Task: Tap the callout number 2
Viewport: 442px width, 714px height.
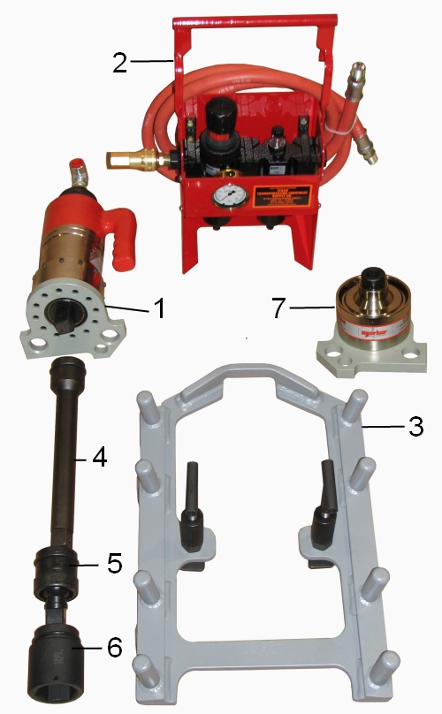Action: (121, 62)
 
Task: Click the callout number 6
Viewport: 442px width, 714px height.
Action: (114, 648)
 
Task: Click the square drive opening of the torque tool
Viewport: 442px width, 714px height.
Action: (70, 312)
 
